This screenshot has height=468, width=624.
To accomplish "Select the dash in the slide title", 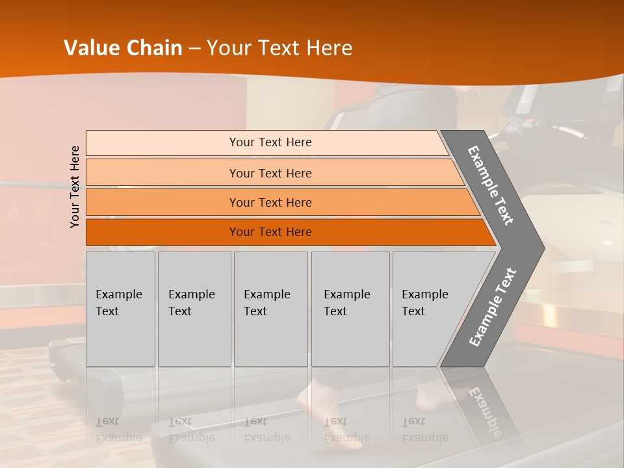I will [194, 49].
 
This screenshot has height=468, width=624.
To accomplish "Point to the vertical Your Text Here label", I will [75, 187].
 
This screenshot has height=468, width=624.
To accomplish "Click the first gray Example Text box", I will [120, 309].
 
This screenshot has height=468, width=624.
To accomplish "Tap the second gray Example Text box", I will [194, 309].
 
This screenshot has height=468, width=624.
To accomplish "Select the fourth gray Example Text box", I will [350, 309].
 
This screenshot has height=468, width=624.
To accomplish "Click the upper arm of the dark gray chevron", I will [491, 185].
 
